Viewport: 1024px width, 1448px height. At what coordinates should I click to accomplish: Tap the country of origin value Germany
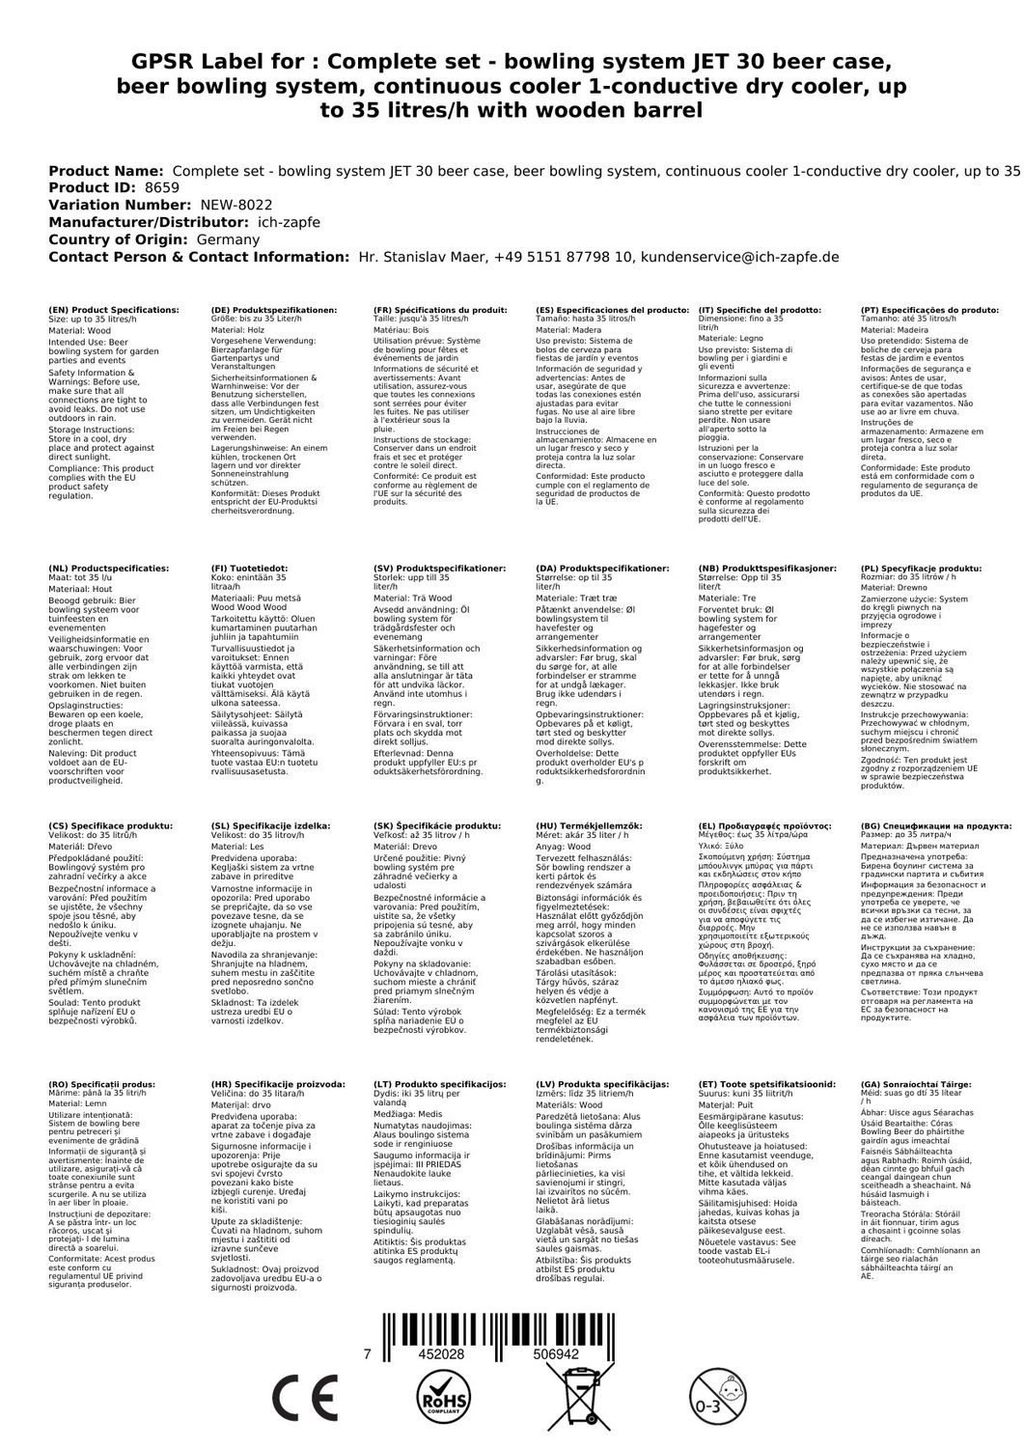coord(228,239)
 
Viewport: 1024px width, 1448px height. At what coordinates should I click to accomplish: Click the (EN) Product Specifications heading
coord(114,311)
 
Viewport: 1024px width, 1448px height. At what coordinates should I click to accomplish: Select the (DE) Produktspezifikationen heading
coord(273,311)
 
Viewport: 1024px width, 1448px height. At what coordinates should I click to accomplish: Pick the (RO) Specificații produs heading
coord(100,1085)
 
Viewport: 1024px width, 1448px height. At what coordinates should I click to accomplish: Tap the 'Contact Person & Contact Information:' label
coord(197,257)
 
